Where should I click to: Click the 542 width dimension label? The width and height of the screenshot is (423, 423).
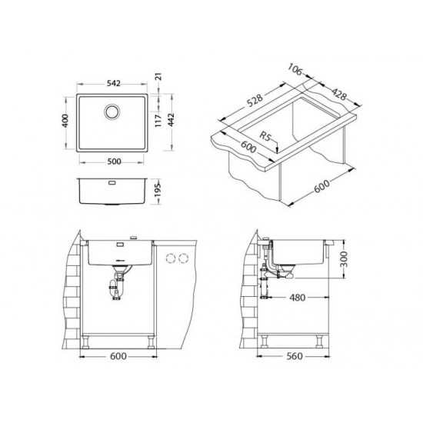click(x=113, y=83)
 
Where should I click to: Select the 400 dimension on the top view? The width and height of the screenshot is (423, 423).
click(x=65, y=121)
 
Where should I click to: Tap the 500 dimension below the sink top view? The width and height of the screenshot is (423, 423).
click(x=114, y=162)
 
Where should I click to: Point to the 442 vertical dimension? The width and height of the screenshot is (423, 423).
click(x=172, y=120)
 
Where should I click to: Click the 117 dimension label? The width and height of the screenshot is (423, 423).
click(x=158, y=120)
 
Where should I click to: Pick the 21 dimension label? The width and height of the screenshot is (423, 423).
click(x=159, y=76)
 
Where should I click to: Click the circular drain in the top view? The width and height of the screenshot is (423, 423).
click(x=112, y=112)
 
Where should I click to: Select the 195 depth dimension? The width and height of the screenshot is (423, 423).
click(x=158, y=190)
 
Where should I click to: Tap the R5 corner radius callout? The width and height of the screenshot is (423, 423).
click(x=265, y=136)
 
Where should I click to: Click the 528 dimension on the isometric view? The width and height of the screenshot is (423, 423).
click(x=255, y=100)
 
